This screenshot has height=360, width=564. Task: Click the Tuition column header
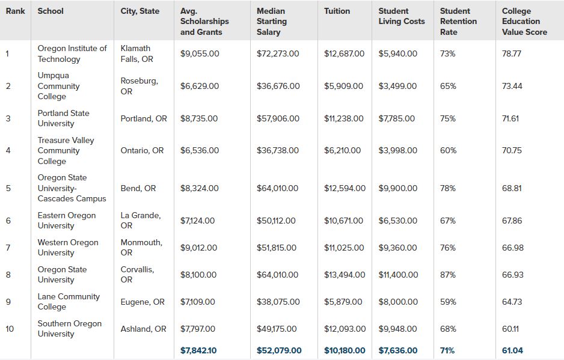tap(337, 11)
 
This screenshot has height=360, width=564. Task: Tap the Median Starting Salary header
tap(272, 21)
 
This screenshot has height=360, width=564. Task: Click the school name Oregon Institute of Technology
tap(72, 53)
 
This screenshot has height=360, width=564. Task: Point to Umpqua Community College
tap(58, 86)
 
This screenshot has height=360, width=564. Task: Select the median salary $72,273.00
tap(278, 53)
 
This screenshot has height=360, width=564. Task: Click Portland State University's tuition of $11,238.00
tap(343, 118)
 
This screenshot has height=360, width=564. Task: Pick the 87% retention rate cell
tap(448, 275)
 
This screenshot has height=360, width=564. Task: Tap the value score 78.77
tap(512, 53)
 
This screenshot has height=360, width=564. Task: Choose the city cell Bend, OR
tap(138, 188)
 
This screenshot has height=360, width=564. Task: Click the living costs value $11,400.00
tap(398, 275)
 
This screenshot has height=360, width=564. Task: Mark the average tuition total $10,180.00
tap(344, 350)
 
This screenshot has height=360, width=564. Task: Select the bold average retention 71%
tap(448, 350)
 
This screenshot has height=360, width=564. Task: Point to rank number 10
tap(10, 329)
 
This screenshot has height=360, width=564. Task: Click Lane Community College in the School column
tap(69, 301)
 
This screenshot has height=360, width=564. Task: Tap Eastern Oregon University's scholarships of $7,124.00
tap(198, 221)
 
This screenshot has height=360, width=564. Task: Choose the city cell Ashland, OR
tap(143, 329)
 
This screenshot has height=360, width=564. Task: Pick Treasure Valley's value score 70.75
tap(512, 150)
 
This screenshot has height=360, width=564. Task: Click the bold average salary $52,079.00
tap(279, 350)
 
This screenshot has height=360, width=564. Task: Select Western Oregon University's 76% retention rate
tap(448, 248)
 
